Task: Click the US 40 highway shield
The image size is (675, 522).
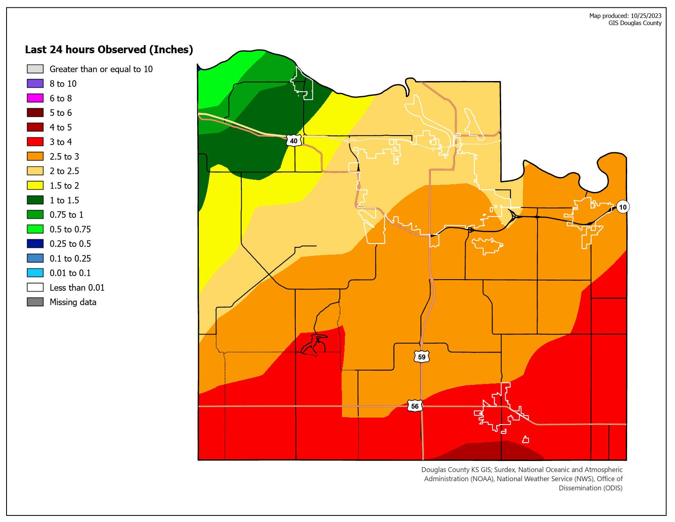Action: point(294,141)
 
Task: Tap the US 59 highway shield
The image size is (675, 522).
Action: point(421,357)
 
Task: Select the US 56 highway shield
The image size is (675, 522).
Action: point(415,406)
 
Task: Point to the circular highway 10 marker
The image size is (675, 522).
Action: point(623,207)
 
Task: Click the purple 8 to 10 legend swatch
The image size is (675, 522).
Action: point(35,84)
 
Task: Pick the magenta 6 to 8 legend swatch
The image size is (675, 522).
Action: point(35,98)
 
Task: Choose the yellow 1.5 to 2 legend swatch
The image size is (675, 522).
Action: point(35,185)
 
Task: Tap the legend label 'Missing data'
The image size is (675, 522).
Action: point(73,302)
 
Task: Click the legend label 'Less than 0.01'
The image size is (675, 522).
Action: point(77,288)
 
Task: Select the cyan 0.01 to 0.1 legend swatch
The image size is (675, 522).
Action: point(35,273)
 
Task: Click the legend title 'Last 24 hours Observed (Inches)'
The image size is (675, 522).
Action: point(109,50)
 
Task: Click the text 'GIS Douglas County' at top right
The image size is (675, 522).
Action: point(634,23)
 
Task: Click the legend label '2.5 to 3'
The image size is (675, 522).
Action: point(64,156)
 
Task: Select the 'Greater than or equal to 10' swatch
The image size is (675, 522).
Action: point(35,69)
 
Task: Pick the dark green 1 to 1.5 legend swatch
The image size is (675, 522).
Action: point(35,200)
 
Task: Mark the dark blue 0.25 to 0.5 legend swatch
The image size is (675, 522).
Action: point(35,244)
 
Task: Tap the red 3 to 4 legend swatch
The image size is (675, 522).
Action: point(35,142)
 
